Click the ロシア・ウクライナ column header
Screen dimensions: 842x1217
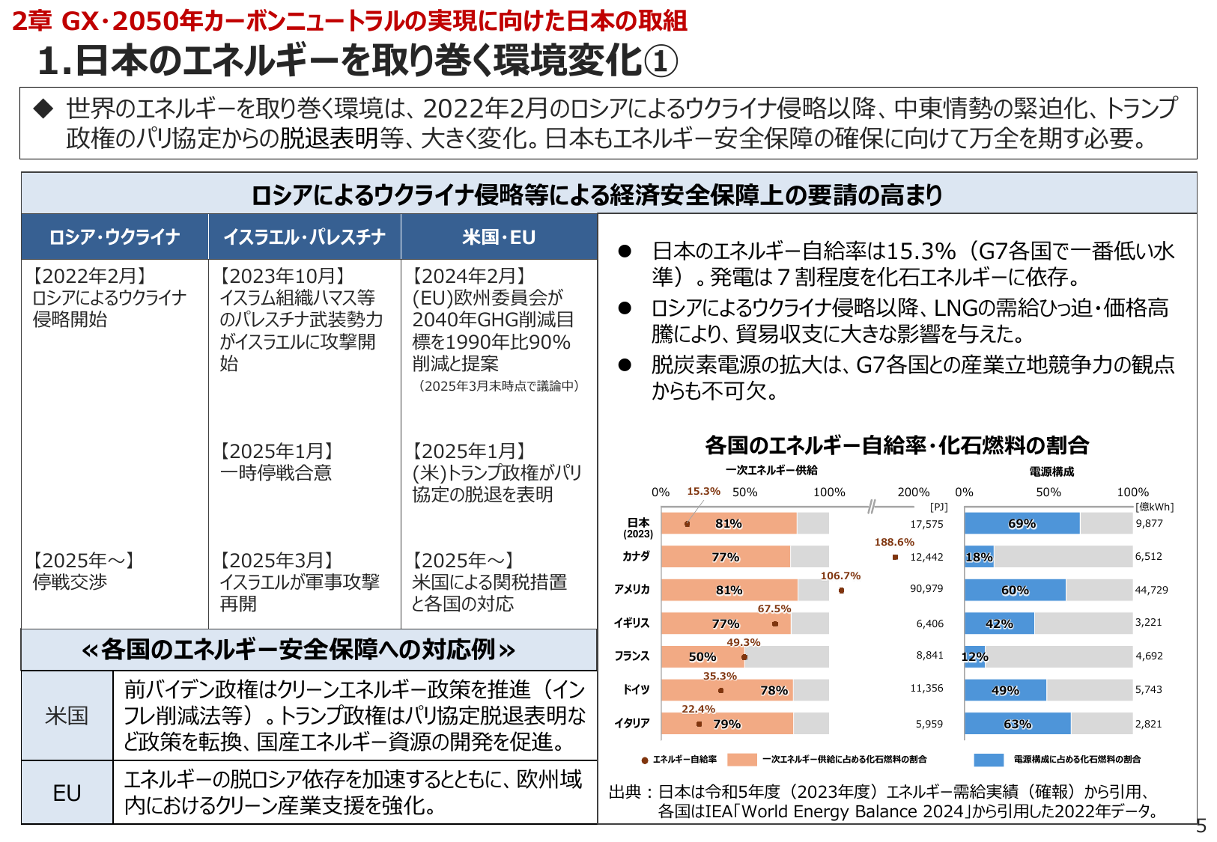click(x=115, y=237)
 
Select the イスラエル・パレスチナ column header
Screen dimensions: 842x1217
click(x=304, y=237)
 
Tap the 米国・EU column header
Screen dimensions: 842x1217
click(x=499, y=237)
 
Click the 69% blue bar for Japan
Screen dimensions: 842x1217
click(x=1022, y=523)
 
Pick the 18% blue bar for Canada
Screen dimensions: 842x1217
click(x=979, y=557)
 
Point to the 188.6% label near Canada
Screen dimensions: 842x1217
click(x=894, y=542)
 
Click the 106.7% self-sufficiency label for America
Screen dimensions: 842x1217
click(x=840, y=576)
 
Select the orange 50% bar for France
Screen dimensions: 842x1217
click(x=702, y=656)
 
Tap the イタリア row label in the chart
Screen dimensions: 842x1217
click(x=632, y=723)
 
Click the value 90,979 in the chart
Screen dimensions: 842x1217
click(x=926, y=589)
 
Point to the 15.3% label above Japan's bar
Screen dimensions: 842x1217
click(x=703, y=492)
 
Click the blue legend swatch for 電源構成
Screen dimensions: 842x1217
click(x=988, y=760)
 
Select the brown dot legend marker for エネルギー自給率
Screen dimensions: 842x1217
click(x=645, y=760)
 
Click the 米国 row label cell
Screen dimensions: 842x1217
click(x=67, y=716)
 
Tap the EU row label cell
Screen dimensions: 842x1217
click(x=67, y=793)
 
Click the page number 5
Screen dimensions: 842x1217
click(x=1201, y=826)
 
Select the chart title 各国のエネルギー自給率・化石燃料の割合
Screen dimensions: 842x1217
click(x=896, y=445)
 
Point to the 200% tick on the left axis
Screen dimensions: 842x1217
click(x=913, y=492)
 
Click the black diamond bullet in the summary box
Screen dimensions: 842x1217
click(x=43, y=109)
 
